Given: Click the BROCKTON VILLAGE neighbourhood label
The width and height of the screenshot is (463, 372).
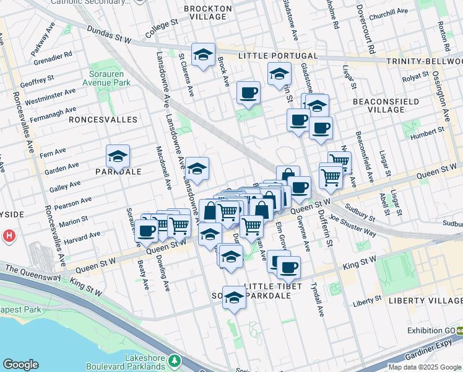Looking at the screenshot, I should pyautogui.click(x=207, y=13).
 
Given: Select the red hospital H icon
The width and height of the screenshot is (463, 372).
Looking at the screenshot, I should pyautogui.click(x=9, y=236).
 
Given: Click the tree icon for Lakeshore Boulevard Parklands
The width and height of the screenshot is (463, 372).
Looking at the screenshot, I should pyautogui.click(x=175, y=360).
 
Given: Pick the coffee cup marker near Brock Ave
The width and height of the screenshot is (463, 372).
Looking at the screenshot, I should pyautogui.click(x=248, y=93).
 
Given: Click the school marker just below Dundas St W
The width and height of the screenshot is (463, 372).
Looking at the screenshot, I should pyautogui.click(x=203, y=55).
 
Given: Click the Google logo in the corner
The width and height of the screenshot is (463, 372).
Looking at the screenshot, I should pyautogui.click(x=21, y=364).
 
